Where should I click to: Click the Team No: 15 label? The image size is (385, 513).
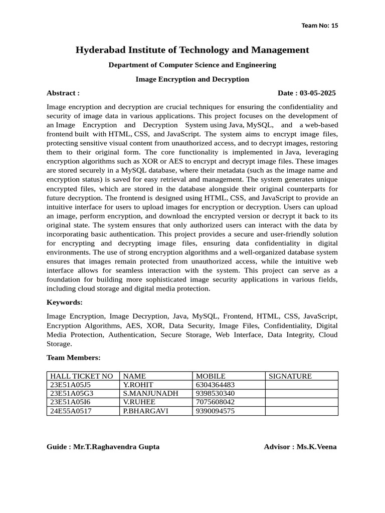point(320,26)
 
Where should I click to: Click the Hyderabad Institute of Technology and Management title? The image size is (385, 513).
point(192,50)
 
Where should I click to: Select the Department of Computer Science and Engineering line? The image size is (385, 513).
point(192,65)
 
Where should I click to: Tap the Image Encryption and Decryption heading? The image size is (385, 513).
point(192,79)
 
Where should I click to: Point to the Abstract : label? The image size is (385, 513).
point(63,93)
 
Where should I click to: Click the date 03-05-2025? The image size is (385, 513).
point(317,93)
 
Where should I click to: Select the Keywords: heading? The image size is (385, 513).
point(64,302)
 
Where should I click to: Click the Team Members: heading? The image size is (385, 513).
point(73,357)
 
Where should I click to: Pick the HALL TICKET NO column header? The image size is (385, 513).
point(81,376)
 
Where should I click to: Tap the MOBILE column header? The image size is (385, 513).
point(211,376)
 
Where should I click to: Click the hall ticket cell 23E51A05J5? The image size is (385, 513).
point(71,385)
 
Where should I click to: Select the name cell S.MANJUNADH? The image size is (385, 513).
point(150,393)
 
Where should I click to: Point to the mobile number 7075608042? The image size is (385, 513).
point(215,402)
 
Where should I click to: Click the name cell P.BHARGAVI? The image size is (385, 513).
point(145,411)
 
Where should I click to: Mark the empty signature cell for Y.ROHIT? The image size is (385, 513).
point(301,385)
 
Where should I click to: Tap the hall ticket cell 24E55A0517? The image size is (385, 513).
point(71,411)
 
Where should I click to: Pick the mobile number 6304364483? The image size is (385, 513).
point(215,385)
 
